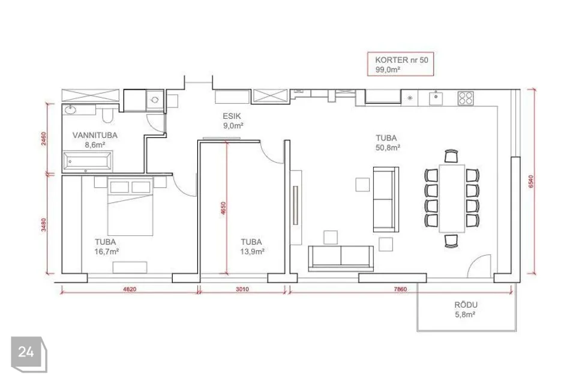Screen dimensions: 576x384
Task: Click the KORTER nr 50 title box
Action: pos(400,64)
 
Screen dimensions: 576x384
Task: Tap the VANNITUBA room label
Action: pos(95,135)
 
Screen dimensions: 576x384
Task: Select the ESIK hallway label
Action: pos(232,116)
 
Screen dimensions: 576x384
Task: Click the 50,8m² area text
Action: pos(388,148)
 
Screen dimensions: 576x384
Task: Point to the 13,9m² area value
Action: pos(253,252)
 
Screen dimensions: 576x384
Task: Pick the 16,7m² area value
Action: pos(107,252)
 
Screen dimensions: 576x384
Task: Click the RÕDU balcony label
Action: pos(466,305)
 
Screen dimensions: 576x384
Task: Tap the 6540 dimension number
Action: pos(531,182)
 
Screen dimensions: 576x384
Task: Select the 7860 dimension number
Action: pos(400,289)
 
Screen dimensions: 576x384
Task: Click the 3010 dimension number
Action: pos(242,289)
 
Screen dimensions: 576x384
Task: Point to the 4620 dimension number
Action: pos(130,289)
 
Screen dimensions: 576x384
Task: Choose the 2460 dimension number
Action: pos(44,139)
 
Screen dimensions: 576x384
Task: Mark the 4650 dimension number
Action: pos(223,208)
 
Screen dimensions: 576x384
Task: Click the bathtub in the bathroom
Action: pos(88,161)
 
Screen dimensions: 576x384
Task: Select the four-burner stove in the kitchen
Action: pos(466,98)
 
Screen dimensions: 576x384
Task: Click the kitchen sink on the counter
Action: pos(436,98)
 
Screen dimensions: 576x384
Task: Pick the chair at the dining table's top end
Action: pos(451,156)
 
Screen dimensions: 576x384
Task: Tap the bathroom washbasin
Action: pos(70,110)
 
